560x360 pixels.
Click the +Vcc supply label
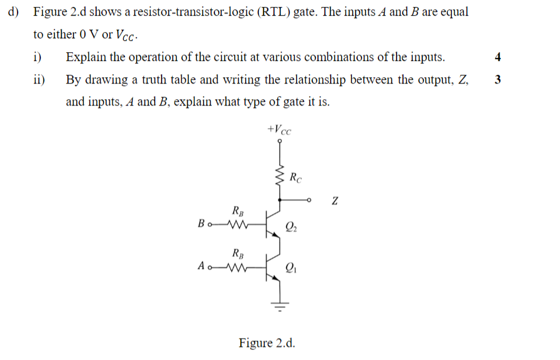280,130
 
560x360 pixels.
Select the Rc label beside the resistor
296,178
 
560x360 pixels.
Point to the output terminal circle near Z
309,200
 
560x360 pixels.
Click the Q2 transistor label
291,227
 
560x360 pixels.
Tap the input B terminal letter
201,224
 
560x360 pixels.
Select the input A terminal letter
201,266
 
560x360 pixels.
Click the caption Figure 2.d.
266,343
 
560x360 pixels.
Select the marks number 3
498,80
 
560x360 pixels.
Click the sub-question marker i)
37,57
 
